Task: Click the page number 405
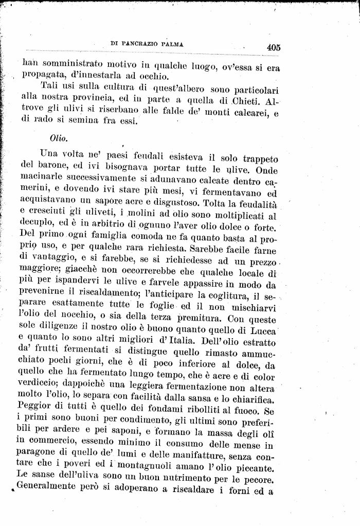(273, 47)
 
